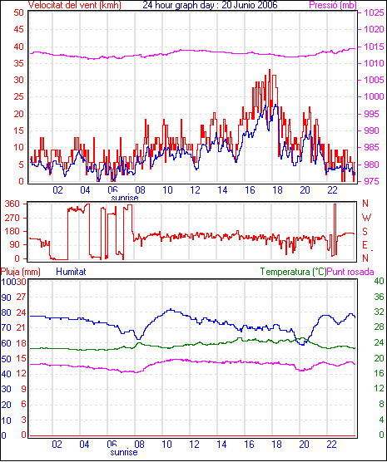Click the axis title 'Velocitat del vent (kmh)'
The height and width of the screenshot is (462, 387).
click(x=75, y=5)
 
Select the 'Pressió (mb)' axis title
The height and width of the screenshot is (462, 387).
click(x=333, y=5)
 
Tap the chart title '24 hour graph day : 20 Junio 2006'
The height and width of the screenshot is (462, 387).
click(x=210, y=5)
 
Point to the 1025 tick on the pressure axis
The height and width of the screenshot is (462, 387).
click(x=374, y=12)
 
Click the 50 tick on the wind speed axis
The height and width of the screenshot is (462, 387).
click(x=18, y=12)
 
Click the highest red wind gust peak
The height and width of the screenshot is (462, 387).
click(x=270, y=70)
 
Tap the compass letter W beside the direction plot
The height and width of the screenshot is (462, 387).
click(x=366, y=218)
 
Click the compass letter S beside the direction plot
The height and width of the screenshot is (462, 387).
click(x=365, y=232)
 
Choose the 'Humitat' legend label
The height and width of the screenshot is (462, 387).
click(x=71, y=272)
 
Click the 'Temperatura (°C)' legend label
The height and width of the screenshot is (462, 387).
click(x=293, y=272)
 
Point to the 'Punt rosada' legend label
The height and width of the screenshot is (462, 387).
click(x=350, y=272)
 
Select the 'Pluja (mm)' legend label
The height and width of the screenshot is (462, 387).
click(x=20, y=272)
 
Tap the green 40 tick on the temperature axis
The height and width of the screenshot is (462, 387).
click(x=379, y=281)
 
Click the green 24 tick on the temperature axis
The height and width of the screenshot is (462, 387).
click(x=379, y=342)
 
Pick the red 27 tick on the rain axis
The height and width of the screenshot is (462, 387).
click(x=21, y=297)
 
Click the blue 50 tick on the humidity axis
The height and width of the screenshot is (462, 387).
click(x=6, y=359)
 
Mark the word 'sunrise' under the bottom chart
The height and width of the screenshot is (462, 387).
click(x=124, y=452)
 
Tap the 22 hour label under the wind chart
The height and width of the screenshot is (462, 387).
click(x=332, y=190)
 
